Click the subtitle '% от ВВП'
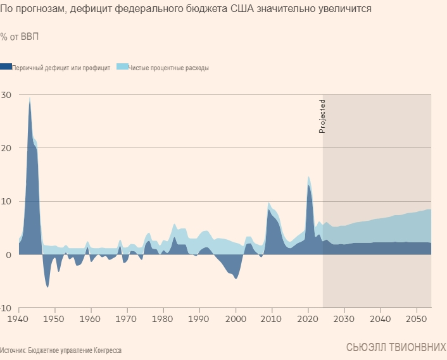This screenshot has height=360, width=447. pyautogui.click(x=19, y=37)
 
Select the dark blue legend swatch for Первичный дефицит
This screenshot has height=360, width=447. pyautogui.click(x=6, y=66)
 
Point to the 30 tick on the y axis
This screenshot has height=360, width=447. pyautogui.click(x=6, y=95)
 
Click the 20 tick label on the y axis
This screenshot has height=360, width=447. pyautogui.click(x=6, y=148)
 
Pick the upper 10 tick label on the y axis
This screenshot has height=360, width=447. pyautogui.click(x=6, y=201)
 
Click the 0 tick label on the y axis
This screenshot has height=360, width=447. pyautogui.click(x=8, y=254)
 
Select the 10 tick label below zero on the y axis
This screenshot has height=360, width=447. pyautogui.click(x=6, y=307)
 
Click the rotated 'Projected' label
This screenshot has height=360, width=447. pyautogui.click(x=322, y=116)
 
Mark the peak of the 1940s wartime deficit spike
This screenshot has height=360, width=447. pyautogui.click(x=29, y=98)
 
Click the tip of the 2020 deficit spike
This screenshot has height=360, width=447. pyautogui.click(x=308, y=177)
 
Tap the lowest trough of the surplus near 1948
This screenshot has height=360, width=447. pyautogui.click(x=47, y=287)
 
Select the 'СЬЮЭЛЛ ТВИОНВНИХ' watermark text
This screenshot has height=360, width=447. pyautogui.click(x=396, y=347)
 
